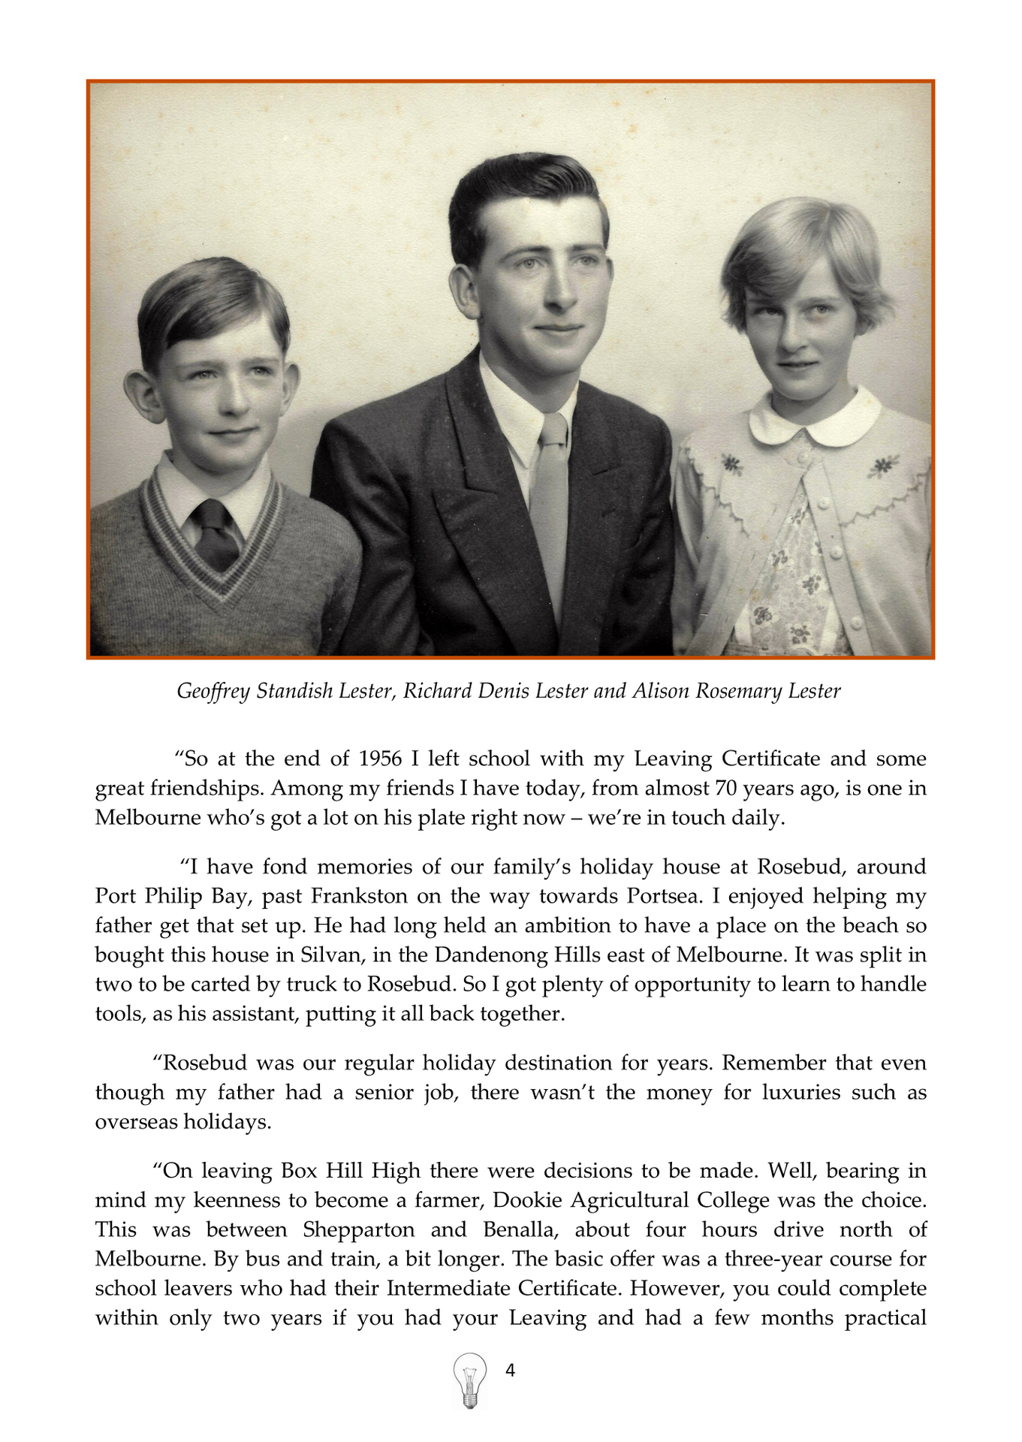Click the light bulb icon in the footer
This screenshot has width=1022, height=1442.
(x=470, y=1380)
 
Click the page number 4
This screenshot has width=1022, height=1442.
(x=511, y=1371)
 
